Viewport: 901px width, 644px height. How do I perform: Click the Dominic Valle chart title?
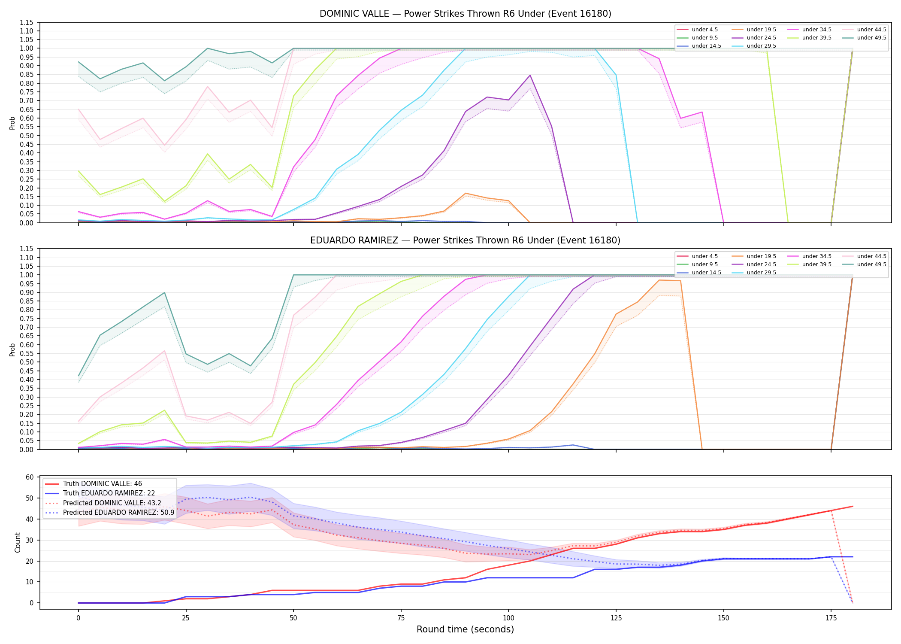[466, 14]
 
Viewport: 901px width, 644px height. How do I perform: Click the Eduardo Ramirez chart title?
[466, 240]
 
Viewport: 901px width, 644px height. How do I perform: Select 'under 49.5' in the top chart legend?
[871, 38]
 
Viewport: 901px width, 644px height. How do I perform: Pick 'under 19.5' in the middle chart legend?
[761, 256]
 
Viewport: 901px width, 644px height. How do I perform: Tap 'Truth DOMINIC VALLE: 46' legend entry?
[102, 484]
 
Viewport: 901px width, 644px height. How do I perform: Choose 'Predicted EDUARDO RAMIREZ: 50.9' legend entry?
[118, 513]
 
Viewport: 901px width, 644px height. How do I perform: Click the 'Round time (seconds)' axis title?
[466, 629]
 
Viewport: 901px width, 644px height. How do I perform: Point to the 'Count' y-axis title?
[18, 542]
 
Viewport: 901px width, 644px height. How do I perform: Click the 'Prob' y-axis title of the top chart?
[12, 123]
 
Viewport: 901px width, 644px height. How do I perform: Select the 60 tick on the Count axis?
[30, 477]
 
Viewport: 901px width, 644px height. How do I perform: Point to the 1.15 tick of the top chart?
[27, 22]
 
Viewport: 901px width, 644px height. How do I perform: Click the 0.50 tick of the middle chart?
[27, 362]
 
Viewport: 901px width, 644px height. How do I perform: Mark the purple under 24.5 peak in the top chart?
[530, 75]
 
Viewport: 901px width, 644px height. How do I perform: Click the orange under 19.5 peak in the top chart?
[466, 193]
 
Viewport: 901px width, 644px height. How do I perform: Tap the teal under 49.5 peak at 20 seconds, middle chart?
[164, 292]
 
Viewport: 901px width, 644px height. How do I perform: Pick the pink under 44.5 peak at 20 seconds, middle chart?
[164, 351]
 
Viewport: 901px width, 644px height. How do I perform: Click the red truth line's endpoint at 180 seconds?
[853, 507]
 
